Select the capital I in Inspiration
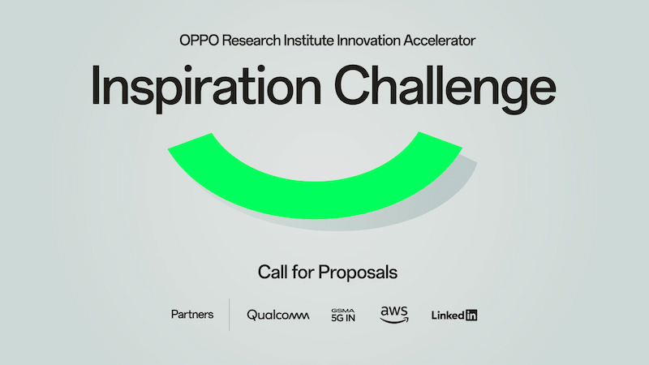point(97,83)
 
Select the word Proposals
point(357,273)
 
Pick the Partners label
point(192,315)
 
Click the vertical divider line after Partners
point(230,315)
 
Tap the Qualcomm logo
point(278,315)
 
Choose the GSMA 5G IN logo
point(344,315)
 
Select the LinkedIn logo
point(454,315)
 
